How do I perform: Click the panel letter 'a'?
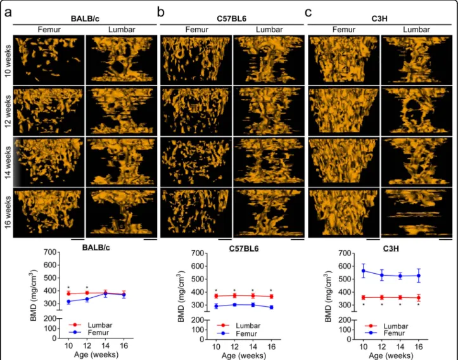(8, 13)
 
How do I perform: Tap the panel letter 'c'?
(308, 13)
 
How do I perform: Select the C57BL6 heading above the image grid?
(232, 19)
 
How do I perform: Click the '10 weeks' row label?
(8, 60)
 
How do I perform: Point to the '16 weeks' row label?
(8, 212)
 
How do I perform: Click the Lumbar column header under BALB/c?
(122, 30)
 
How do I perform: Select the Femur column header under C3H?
(344, 30)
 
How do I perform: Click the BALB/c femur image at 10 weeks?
(49, 60)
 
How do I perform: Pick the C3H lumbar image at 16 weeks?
(417, 212)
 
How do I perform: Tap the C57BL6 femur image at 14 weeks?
(196, 162)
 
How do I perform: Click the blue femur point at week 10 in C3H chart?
(364, 271)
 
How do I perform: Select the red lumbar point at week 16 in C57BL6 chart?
(271, 297)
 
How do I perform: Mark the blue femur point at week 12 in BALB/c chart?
(87, 299)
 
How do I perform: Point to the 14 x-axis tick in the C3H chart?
(400, 347)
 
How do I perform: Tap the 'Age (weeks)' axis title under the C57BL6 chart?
(244, 356)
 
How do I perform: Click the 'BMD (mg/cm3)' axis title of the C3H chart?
(328, 296)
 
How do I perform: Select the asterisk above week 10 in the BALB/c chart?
(68, 288)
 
